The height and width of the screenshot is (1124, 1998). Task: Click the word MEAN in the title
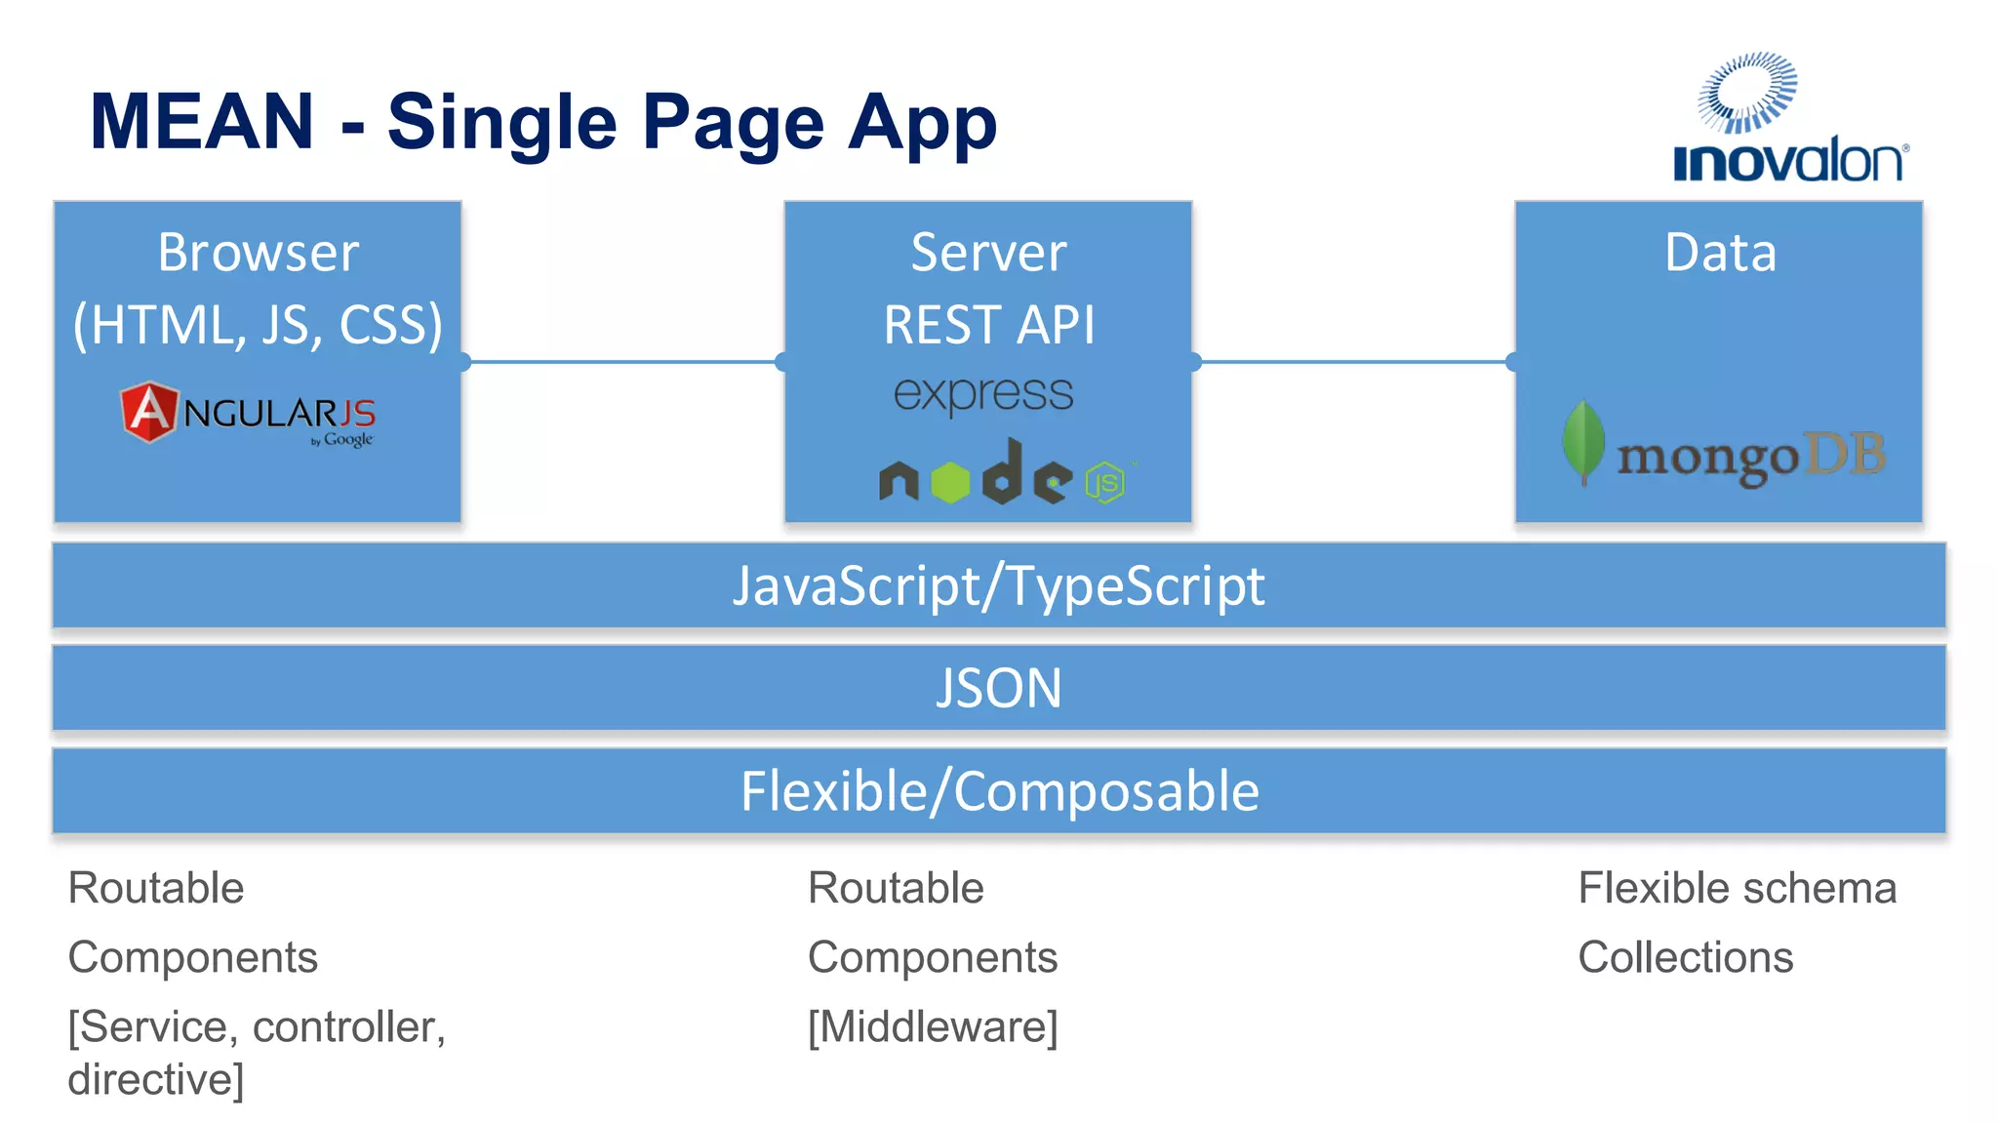(x=202, y=122)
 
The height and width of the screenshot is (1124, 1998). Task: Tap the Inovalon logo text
(x=1788, y=162)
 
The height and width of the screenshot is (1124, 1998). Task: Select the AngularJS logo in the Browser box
(x=248, y=414)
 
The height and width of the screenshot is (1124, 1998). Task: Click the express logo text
(x=983, y=394)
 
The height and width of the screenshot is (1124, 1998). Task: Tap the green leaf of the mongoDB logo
(x=1582, y=441)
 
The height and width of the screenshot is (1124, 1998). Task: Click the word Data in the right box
(x=1720, y=253)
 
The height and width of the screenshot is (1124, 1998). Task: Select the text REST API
(x=988, y=325)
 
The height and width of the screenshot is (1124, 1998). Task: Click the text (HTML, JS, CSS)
(x=258, y=325)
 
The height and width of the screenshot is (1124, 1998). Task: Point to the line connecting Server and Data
(x=1353, y=362)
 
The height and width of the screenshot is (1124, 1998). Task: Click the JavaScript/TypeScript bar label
(x=998, y=586)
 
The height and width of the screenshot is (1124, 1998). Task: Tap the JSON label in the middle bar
(x=998, y=688)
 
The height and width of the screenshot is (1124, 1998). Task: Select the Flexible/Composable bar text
(x=999, y=791)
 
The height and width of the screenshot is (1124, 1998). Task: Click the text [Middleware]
(x=933, y=1026)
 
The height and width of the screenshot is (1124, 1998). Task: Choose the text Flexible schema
(x=1737, y=888)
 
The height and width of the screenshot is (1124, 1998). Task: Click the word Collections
(x=1685, y=957)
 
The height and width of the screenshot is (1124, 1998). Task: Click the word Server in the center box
(x=988, y=253)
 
